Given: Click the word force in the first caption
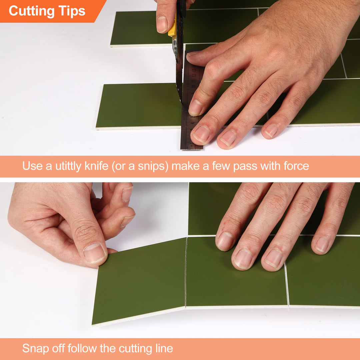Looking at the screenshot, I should pyautogui.click(x=296, y=166).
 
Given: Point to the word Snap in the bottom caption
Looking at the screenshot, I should pyautogui.click(x=35, y=349).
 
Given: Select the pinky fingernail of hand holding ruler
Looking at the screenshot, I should pyautogui.click(x=271, y=130).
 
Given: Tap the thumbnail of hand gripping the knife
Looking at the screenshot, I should pyautogui.click(x=162, y=24).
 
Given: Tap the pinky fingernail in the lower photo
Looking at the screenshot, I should pyautogui.click(x=322, y=244).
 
